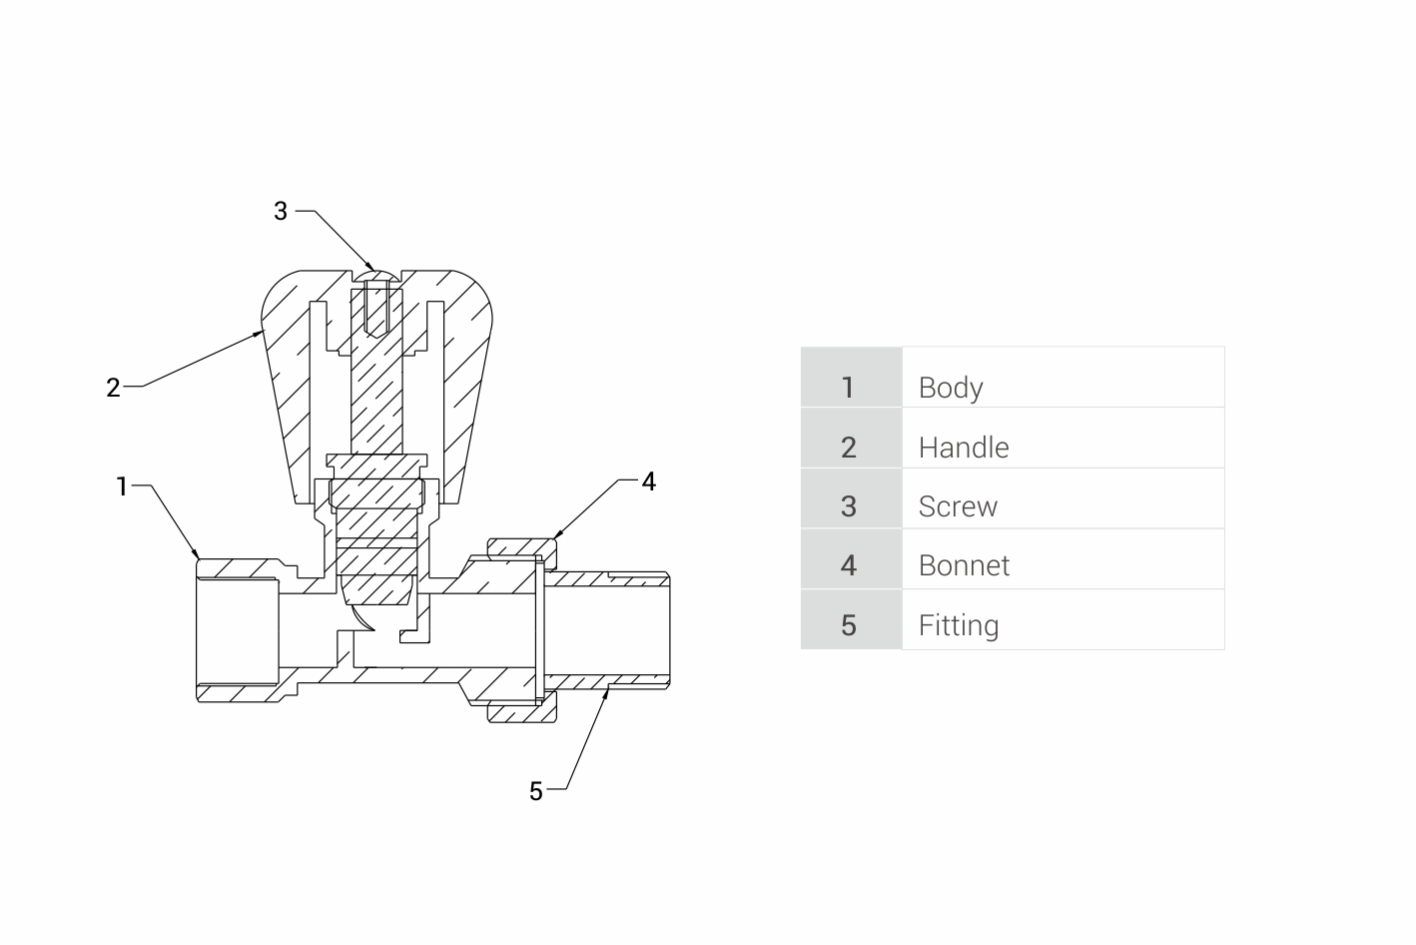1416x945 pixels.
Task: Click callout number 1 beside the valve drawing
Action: click(x=123, y=486)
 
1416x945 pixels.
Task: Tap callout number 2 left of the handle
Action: click(x=114, y=388)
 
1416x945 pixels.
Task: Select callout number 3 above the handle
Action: click(x=281, y=211)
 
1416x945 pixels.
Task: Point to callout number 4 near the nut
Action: click(x=648, y=481)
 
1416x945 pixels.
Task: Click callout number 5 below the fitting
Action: click(x=536, y=791)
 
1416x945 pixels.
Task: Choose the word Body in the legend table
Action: click(x=951, y=388)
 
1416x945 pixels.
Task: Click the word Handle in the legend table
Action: click(x=964, y=448)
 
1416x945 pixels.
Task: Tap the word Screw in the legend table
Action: click(x=958, y=506)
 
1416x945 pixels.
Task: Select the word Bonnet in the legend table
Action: click(x=964, y=565)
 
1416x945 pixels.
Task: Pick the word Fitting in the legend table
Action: click(x=959, y=625)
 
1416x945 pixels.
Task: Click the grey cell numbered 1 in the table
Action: click(x=850, y=378)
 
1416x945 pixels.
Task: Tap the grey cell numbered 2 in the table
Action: click(x=850, y=438)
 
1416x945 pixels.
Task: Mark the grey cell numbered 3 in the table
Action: click(x=850, y=498)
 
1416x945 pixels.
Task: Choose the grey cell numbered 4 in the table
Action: click(x=850, y=558)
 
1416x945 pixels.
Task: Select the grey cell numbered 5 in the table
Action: click(x=850, y=619)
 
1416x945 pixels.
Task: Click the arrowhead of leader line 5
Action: click(x=606, y=690)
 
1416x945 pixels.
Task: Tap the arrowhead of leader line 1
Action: click(x=198, y=554)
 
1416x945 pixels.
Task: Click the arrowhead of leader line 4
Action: click(x=555, y=539)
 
